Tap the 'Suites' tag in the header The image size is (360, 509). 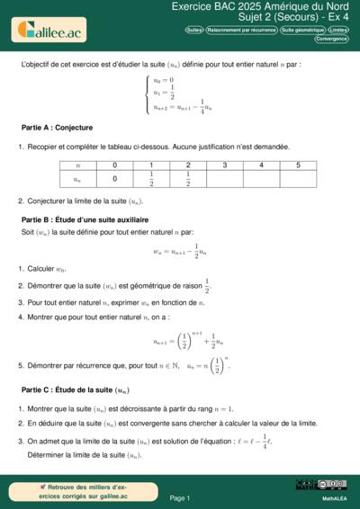click(x=193, y=30)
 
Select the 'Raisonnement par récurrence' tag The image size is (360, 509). click(x=241, y=30)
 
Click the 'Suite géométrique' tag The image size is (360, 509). click(x=301, y=30)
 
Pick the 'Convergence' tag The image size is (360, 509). click(x=332, y=39)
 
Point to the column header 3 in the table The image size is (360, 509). click(x=224, y=165)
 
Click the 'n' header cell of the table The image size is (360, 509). click(x=77, y=165)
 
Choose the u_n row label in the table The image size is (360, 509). click(x=77, y=179)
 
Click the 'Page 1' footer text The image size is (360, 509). click(x=180, y=497)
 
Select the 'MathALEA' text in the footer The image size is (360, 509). click(x=334, y=497)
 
